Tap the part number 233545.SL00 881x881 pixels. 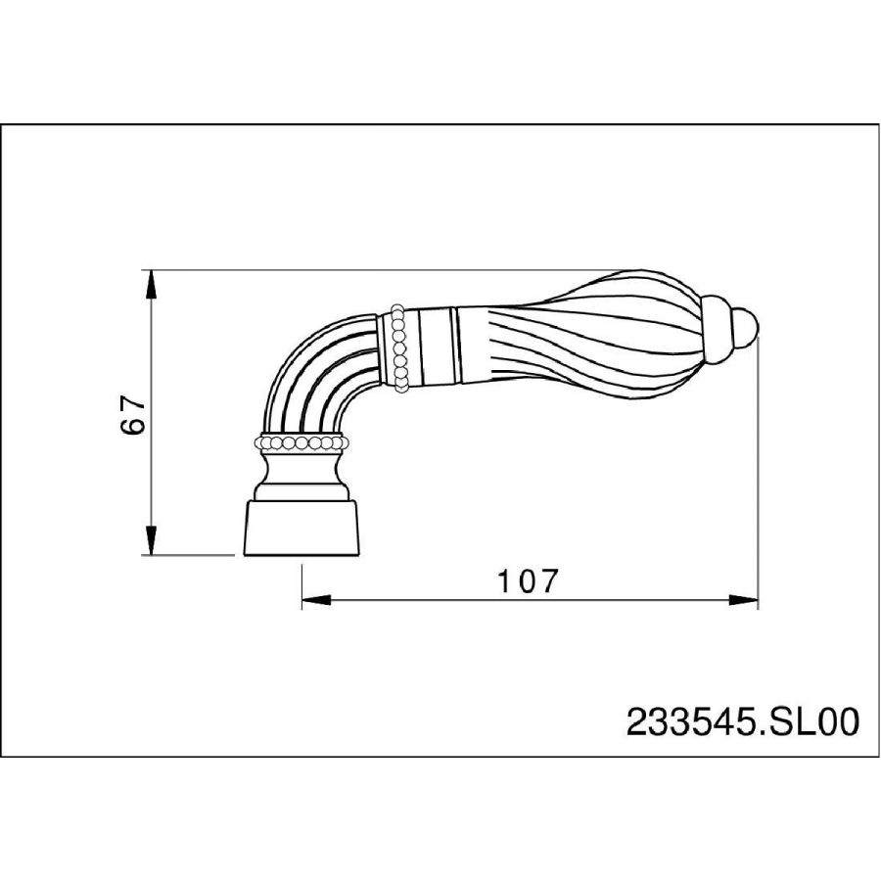pos(743,722)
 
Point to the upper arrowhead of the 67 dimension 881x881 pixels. pos(151,285)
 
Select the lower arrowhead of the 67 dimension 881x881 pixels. pos(151,540)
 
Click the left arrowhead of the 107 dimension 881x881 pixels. pos(316,600)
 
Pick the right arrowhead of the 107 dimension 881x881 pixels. pos(743,600)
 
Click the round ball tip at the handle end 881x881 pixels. pos(747,327)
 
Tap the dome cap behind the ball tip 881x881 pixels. pos(719,327)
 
